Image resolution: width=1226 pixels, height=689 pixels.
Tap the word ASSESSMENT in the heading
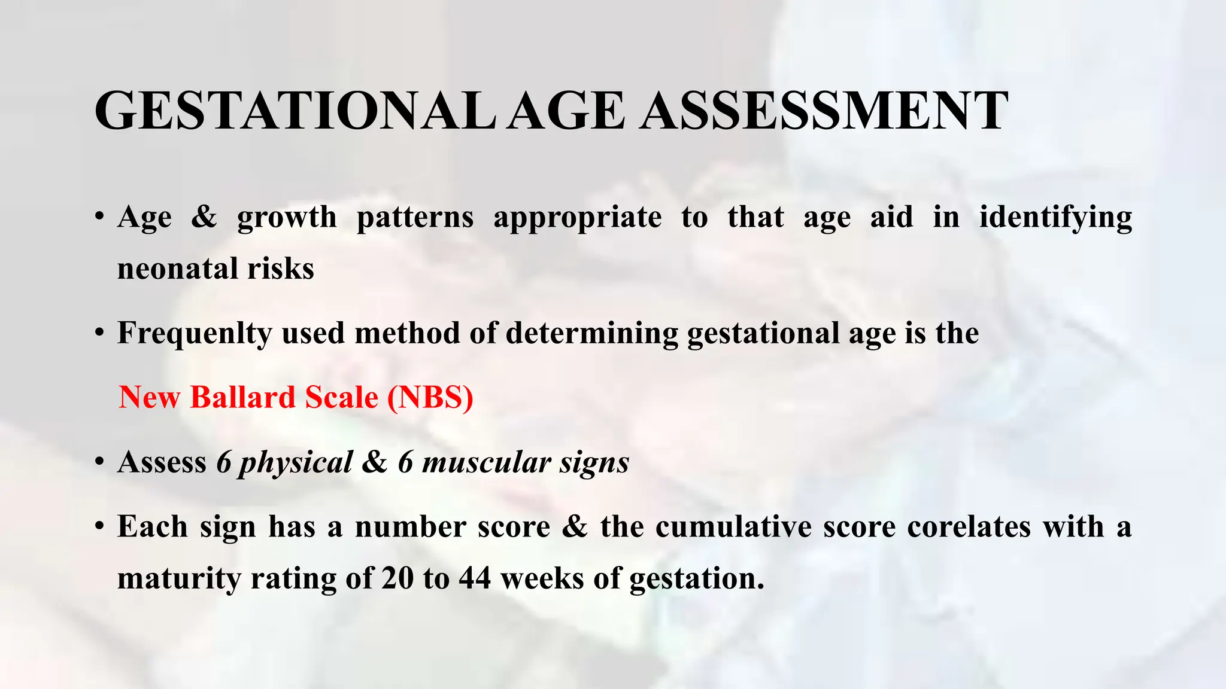(824, 111)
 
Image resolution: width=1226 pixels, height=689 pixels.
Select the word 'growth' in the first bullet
(287, 218)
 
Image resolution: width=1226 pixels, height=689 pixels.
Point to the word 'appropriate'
(577, 218)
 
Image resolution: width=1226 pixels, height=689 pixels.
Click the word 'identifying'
(1055, 218)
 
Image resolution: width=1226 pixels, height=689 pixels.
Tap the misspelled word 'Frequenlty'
(194, 334)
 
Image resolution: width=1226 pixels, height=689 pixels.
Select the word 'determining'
(591, 333)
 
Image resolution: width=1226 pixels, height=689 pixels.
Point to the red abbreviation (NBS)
(430, 397)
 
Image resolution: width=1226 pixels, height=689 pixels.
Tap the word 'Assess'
(162, 462)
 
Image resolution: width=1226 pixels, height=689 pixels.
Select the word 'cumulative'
(734, 527)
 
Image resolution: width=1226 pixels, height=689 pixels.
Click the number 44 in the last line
(475, 579)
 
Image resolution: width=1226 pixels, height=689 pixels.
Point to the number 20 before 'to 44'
(397, 579)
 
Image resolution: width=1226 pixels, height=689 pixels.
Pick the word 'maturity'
(178, 579)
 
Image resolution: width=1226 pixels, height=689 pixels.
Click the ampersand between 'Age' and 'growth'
(204, 217)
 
